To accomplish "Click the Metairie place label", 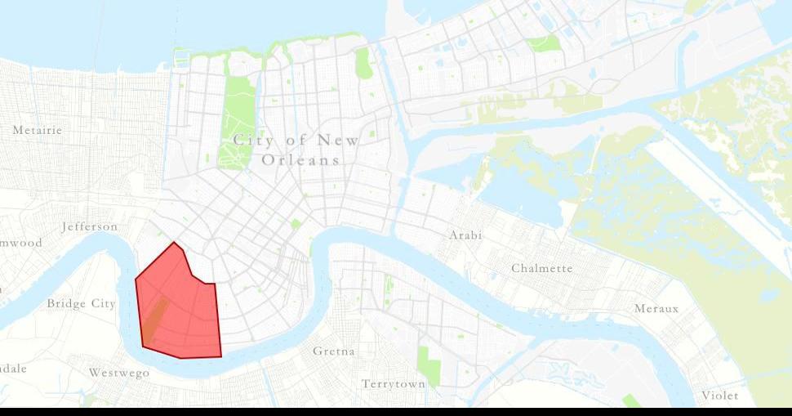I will (38, 130).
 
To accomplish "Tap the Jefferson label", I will (90, 226).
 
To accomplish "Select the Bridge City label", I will (81, 304).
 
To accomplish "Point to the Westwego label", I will (119, 373).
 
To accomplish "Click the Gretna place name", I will (334, 351).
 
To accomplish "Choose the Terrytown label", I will (394, 383).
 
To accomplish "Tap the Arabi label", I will (465, 235).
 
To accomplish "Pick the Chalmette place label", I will (542, 268).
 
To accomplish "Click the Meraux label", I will (656, 309).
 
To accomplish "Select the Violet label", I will (719, 396).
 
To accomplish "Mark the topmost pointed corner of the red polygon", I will (174, 243).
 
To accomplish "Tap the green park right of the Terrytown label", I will (429, 366).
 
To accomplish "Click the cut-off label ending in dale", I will (13, 369).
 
